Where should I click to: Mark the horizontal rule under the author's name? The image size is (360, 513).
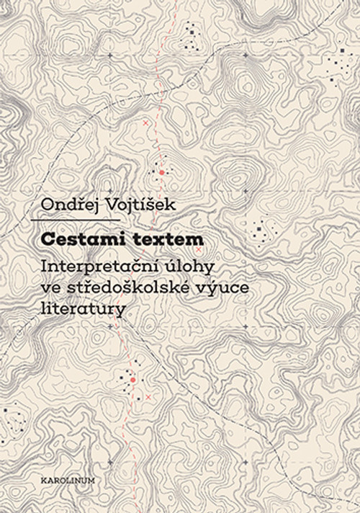[76, 220]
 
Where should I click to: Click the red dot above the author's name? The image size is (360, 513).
[162, 173]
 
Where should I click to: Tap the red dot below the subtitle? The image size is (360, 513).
[132, 379]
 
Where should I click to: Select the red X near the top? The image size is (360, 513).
[146, 124]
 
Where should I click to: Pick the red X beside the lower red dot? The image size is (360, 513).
[148, 397]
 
